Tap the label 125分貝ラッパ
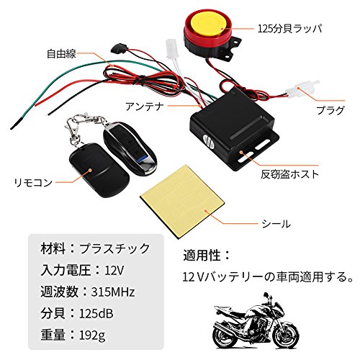289,29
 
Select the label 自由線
61,53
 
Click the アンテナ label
145,107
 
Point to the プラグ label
330,110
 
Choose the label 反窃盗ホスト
290,174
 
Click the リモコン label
33,183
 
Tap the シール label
276,224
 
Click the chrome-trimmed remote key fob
130,148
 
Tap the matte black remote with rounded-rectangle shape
99,170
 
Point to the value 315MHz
113,292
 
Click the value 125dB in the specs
96,313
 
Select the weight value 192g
92,335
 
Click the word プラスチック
114,248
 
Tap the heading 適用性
202,255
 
